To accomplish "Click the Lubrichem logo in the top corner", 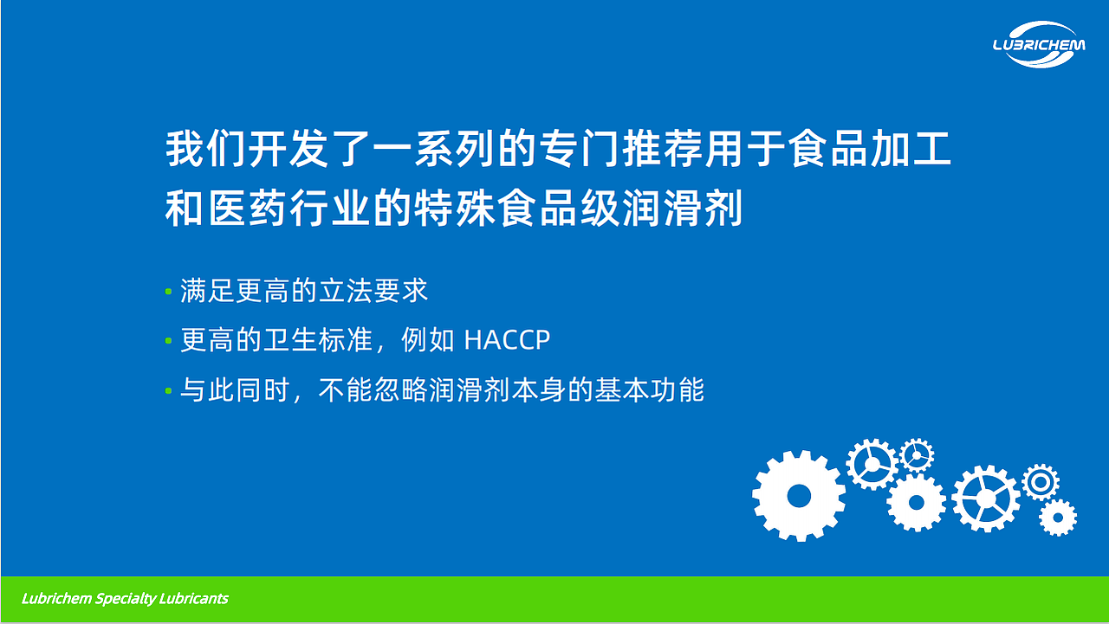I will pyautogui.click(x=1038, y=43).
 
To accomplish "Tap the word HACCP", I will pyautogui.click(x=507, y=340).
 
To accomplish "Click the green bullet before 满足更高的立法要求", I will pyautogui.click(x=168, y=292).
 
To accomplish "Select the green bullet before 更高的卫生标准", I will pyautogui.click(x=168, y=341).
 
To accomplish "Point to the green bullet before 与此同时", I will pyautogui.click(x=168, y=391).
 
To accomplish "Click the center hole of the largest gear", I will pyautogui.click(x=798, y=496).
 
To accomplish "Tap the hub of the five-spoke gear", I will pyautogui.click(x=986, y=499).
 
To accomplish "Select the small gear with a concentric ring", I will pyautogui.click(x=1040, y=481).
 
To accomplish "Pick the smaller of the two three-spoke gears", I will pyautogui.click(x=915, y=454).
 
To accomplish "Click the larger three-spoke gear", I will pyautogui.click(x=871, y=464).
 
